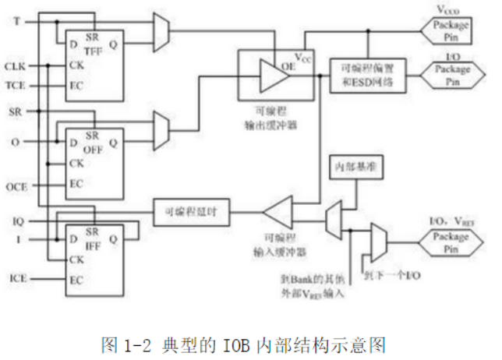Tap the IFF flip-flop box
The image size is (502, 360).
(x=94, y=257)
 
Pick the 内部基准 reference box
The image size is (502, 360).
(x=355, y=166)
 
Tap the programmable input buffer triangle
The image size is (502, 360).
(x=279, y=211)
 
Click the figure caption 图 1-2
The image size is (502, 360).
(x=243, y=344)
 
